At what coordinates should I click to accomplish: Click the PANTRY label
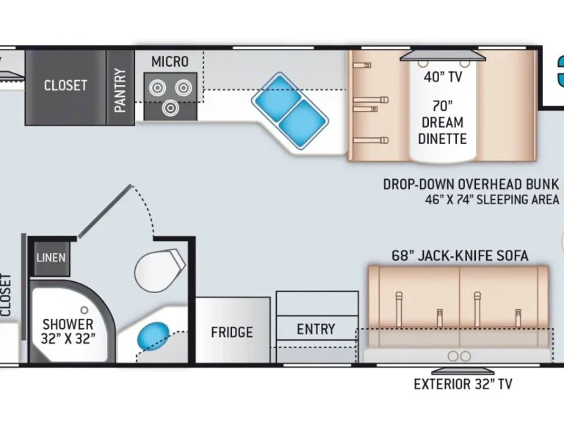pyautogui.click(x=120, y=90)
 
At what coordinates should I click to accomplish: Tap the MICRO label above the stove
pyautogui.click(x=170, y=62)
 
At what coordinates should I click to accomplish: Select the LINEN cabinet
pyautogui.click(x=51, y=258)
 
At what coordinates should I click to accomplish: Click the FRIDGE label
pyautogui.click(x=232, y=332)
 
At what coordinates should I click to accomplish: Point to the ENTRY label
pyautogui.click(x=316, y=329)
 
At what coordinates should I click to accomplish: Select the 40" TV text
pyautogui.click(x=442, y=76)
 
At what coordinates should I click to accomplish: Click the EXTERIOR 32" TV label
pyautogui.click(x=463, y=383)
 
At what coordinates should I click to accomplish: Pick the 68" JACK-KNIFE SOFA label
pyautogui.click(x=460, y=256)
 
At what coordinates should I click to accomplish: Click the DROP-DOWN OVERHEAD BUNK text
pyautogui.click(x=471, y=184)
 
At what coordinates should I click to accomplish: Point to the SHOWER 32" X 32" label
pyautogui.click(x=68, y=331)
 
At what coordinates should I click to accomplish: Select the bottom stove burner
pyautogui.click(x=170, y=109)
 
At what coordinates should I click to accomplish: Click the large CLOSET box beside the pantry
pyautogui.click(x=65, y=86)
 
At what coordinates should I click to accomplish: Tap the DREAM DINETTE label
pyautogui.click(x=442, y=130)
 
